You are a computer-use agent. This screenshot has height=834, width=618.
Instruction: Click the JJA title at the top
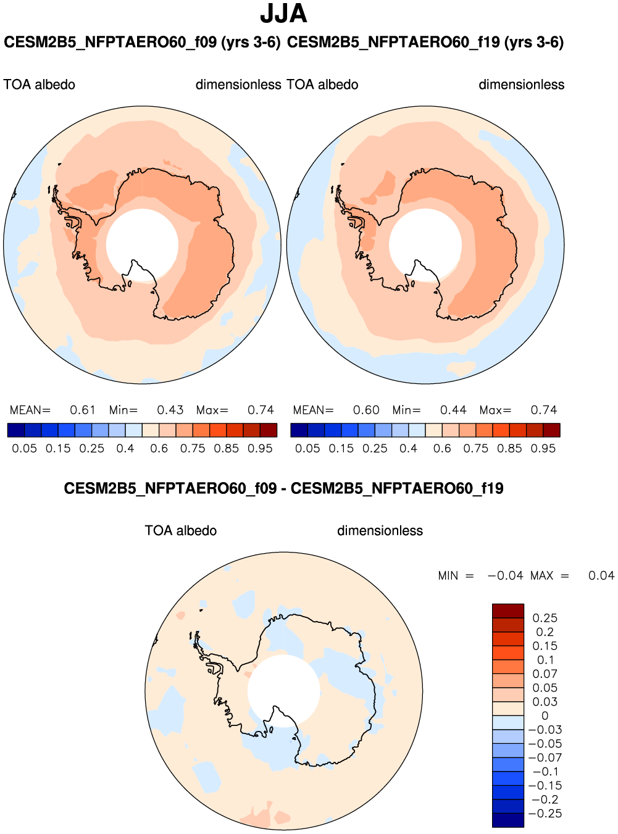283,14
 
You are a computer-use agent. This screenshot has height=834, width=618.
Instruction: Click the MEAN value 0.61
82,410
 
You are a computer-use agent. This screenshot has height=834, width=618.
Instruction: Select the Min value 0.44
453,410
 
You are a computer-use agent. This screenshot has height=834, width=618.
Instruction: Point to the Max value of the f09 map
261,410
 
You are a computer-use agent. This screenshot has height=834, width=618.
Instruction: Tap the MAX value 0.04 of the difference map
601,575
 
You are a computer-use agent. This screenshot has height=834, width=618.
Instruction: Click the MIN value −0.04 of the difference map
505,575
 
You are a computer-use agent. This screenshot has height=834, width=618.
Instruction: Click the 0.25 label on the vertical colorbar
545,618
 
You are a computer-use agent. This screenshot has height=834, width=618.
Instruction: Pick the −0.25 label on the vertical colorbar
545,814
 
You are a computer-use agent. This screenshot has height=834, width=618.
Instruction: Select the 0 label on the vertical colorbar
545,715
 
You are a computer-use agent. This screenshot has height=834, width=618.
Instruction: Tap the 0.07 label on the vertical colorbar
545,673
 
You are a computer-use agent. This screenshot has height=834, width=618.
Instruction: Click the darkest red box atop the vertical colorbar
508,611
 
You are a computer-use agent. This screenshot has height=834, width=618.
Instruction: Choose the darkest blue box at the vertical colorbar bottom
508,820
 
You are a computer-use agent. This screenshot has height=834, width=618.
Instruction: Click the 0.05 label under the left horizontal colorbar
25,448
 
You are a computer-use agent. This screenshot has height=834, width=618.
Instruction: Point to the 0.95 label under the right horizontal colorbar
543,448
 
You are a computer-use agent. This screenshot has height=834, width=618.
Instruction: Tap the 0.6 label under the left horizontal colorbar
159,448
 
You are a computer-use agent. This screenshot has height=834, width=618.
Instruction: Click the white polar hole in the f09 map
142,242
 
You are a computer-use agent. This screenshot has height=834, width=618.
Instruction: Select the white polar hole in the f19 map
425,242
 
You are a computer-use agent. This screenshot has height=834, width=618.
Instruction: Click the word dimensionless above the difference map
380,531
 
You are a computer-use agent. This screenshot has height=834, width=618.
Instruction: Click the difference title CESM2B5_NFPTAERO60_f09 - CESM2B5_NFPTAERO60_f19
283,488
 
